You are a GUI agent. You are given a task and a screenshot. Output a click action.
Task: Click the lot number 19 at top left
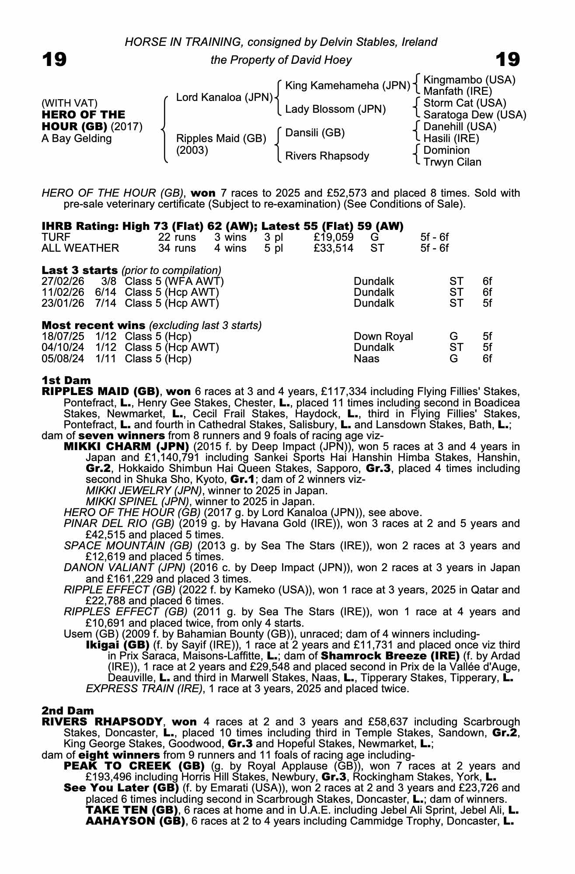[55, 59]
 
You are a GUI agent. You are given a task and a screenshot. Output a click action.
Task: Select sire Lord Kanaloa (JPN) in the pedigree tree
[224, 97]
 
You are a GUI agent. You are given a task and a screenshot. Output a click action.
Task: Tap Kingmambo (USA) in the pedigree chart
[469, 80]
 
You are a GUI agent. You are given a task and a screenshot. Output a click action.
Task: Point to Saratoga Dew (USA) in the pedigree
[474, 115]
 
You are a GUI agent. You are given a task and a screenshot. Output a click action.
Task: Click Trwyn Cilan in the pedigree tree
[452, 162]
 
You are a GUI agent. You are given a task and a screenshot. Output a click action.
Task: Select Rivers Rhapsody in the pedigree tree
[327, 156]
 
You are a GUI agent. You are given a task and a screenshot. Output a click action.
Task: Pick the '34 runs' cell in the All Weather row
[177, 248]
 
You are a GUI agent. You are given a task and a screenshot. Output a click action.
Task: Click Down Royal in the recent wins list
[383, 336]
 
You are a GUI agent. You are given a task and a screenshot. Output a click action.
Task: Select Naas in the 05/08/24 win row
[366, 359]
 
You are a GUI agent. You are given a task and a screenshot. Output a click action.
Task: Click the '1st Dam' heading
[66, 380]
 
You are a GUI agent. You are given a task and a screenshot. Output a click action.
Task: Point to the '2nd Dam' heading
[67, 711]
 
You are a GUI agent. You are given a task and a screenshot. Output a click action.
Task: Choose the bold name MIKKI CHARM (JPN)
[126, 447]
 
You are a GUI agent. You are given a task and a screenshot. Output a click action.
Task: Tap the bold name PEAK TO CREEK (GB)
[134, 766]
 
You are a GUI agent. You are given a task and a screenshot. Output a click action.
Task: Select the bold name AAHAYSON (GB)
[133, 821]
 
